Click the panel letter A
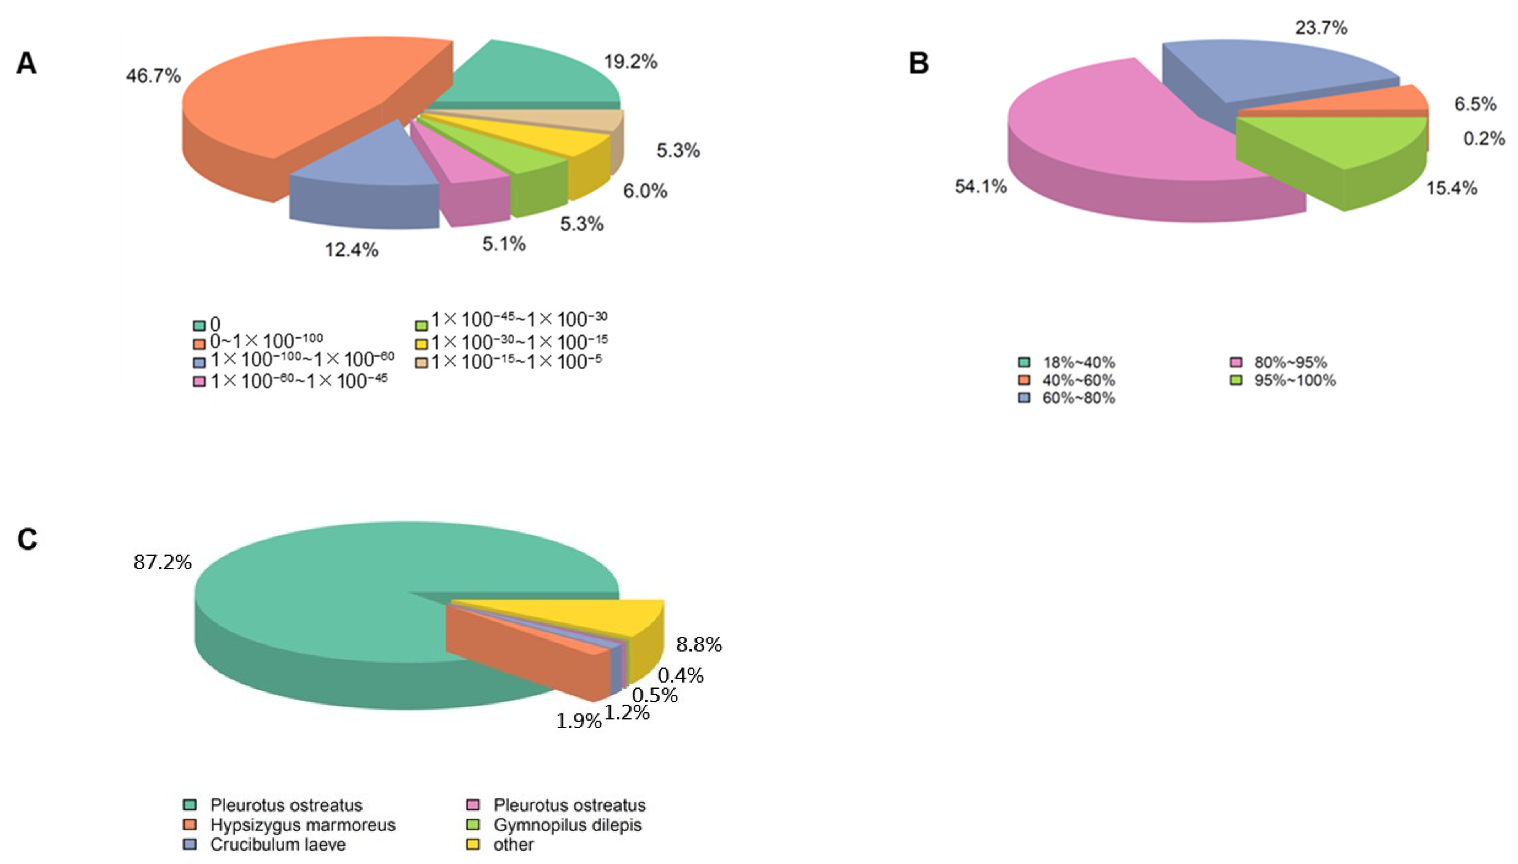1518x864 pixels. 26,63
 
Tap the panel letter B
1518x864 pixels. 918,63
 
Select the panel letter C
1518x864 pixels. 27,539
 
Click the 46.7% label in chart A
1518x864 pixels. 153,76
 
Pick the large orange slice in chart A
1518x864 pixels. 297,95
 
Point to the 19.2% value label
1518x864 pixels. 630,62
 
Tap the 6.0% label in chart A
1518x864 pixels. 644,191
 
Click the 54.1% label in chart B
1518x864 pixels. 980,187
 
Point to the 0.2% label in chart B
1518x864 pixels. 1484,139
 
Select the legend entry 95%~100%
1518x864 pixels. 1294,380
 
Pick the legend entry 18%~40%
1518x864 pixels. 1078,363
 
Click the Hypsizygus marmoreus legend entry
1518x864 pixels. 302,825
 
